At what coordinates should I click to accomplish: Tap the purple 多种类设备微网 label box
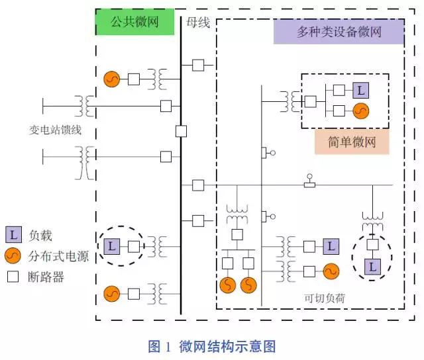[x=339, y=32]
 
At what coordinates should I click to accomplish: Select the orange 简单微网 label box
[x=351, y=142]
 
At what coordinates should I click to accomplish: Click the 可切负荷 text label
[x=325, y=298]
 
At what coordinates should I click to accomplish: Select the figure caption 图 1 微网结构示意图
[x=211, y=346]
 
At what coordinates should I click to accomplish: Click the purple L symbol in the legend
[x=14, y=235]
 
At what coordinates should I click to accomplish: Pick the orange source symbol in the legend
[x=14, y=256]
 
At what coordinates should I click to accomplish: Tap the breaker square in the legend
[x=14, y=277]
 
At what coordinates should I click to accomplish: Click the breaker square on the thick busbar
[x=181, y=130]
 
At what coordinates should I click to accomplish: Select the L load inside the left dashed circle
[x=112, y=247]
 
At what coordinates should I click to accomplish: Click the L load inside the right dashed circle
[x=372, y=267]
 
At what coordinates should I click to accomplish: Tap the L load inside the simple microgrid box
[x=360, y=90]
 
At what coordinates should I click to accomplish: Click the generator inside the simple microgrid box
[x=360, y=111]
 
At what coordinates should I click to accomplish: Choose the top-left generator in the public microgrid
[x=111, y=79]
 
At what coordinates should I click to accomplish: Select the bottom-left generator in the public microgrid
[x=111, y=292]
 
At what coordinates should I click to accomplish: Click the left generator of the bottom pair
[x=227, y=285]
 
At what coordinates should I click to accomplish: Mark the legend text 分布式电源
[x=59, y=256]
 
